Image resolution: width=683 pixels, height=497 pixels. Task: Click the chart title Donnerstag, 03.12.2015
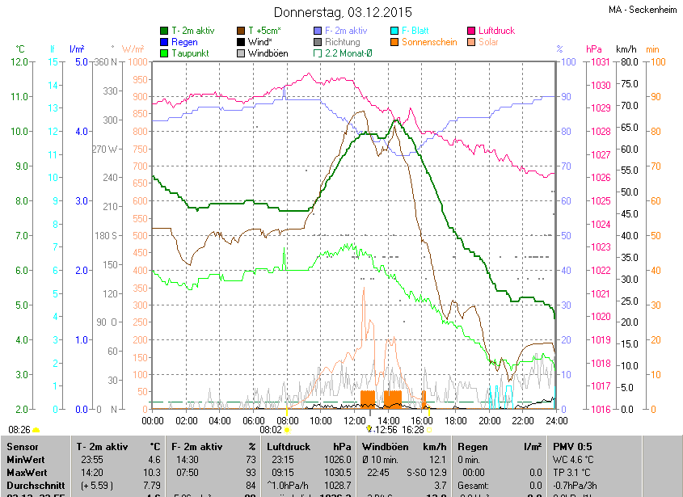[342, 12]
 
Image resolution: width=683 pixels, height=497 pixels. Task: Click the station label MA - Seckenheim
[643, 10]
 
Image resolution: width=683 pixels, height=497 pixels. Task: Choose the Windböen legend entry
[268, 53]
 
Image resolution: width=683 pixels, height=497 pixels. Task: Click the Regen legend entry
[183, 42]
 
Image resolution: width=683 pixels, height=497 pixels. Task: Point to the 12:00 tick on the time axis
[355, 420]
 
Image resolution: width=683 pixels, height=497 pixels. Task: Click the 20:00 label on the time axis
[490, 420]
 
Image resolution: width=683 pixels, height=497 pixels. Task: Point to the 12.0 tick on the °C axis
[20, 62]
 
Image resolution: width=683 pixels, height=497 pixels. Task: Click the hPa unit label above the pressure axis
[594, 49]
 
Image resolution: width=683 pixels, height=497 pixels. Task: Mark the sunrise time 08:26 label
[19, 429]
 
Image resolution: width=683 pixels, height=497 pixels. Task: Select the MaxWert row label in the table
[27, 471]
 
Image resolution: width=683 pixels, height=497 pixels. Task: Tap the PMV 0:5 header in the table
[573, 446]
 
